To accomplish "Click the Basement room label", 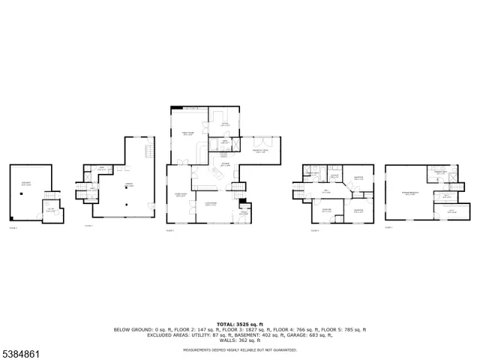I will click(x=27, y=184).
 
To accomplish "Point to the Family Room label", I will click(x=188, y=133).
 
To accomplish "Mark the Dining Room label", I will click(x=180, y=193).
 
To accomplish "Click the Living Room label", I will click(x=211, y=203).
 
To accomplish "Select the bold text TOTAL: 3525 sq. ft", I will click(x=240, y=324).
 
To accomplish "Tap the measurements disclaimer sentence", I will click(x=240, y=349).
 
